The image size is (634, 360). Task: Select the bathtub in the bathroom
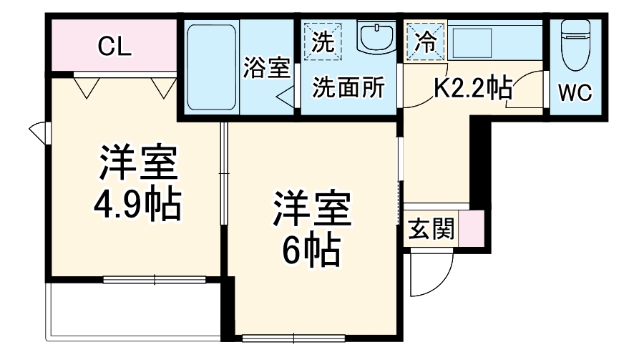212,68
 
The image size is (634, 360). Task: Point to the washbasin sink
375,38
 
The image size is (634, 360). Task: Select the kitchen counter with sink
494,42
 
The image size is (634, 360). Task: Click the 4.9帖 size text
136,204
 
